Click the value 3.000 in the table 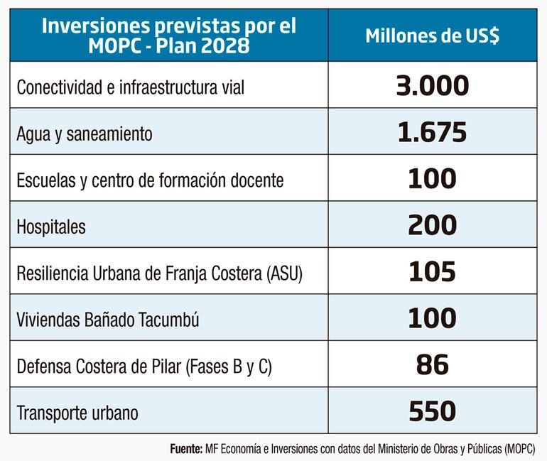432,86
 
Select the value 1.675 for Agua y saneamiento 432,132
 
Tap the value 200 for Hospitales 432,225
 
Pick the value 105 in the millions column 432,271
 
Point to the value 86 432,364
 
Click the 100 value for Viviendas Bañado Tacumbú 432,318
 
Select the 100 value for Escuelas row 432,179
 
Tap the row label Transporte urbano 77,413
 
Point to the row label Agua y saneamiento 84,134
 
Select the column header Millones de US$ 432,36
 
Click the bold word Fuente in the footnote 186,449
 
